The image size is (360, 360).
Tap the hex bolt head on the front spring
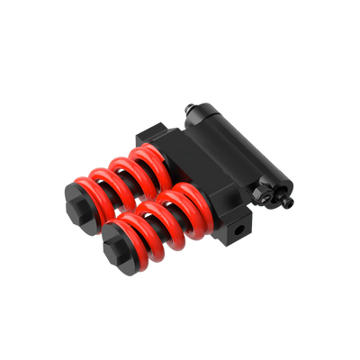(x=116, y=240)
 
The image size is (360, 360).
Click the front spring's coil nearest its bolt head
(x=139, y=226)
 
